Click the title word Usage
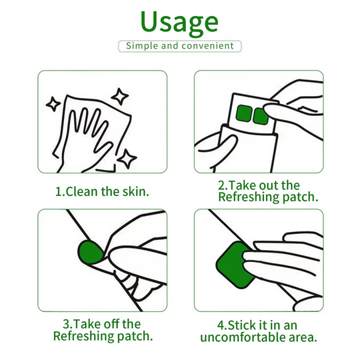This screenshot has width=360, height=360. [x=179, y=21]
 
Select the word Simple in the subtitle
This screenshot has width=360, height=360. [x=142, y=46]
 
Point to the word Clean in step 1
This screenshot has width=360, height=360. [x=83, y=191]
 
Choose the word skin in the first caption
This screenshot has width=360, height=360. [x=135, y=191]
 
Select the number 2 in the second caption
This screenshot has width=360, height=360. [x=221, y=185]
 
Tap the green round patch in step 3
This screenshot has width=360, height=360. [x=91, y=252]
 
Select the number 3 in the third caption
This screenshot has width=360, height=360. [x=58, y=324]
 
